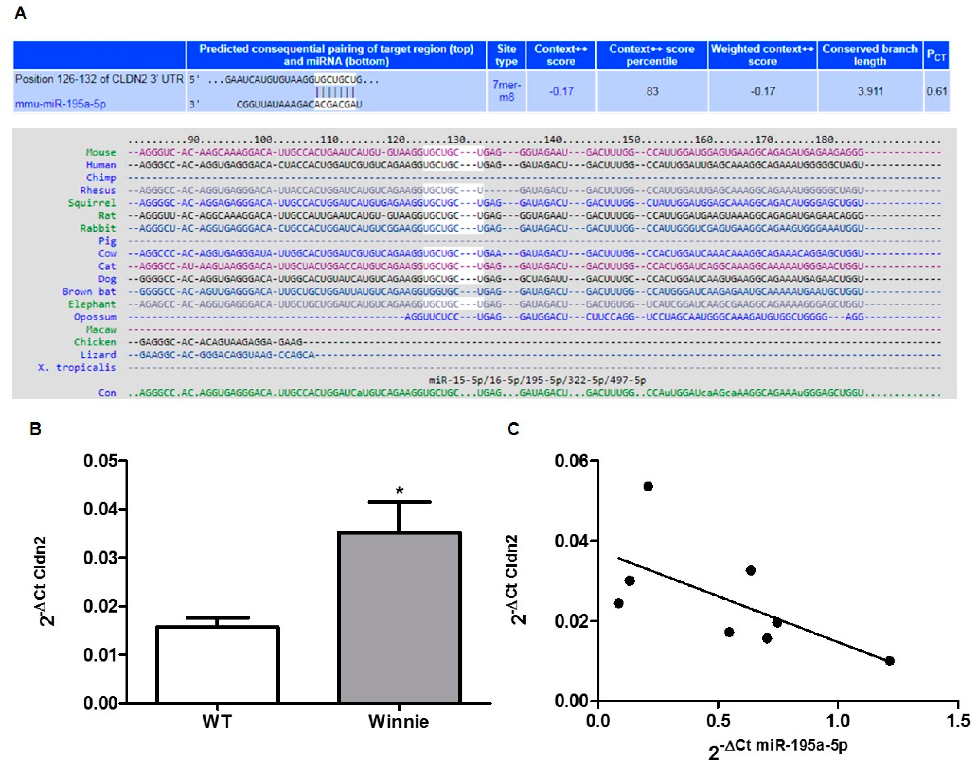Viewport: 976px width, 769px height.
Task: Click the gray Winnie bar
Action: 399,618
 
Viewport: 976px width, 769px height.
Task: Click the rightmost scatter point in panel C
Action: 889,661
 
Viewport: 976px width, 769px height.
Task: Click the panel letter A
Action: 20,14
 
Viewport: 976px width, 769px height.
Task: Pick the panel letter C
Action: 513,429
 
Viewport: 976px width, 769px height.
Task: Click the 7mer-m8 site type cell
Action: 506,91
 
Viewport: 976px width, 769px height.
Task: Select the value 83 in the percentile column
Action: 652,91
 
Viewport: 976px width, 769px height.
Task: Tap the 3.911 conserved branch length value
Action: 870,91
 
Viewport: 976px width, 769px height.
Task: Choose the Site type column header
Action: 506,55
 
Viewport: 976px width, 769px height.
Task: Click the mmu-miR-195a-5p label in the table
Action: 60,104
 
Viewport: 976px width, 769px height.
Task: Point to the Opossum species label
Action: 95,317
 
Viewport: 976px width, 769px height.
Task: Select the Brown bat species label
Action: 89,291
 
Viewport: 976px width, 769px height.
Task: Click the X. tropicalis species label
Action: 77,367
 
